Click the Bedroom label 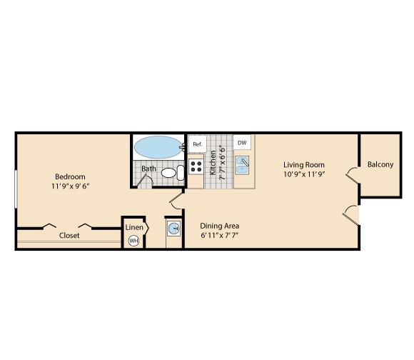tap(70, 176)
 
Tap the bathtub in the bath tap(158, 147)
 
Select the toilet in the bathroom tap(173, 173)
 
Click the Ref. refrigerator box tap(197, 144)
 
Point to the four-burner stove tap(196, 166)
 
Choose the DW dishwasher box tap(242, 143)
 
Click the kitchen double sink tap(242, 165)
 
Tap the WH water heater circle tap(133, 241)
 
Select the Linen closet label tap(134, 227)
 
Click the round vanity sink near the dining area tap(174, 228)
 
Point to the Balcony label tap(380, 164)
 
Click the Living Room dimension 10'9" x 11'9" tap(304, 174)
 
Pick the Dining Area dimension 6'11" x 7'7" tap(220, 235)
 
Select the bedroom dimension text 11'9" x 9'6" tap(71, 186)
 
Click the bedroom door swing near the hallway tap(175, 200)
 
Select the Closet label tap(69, 235)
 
